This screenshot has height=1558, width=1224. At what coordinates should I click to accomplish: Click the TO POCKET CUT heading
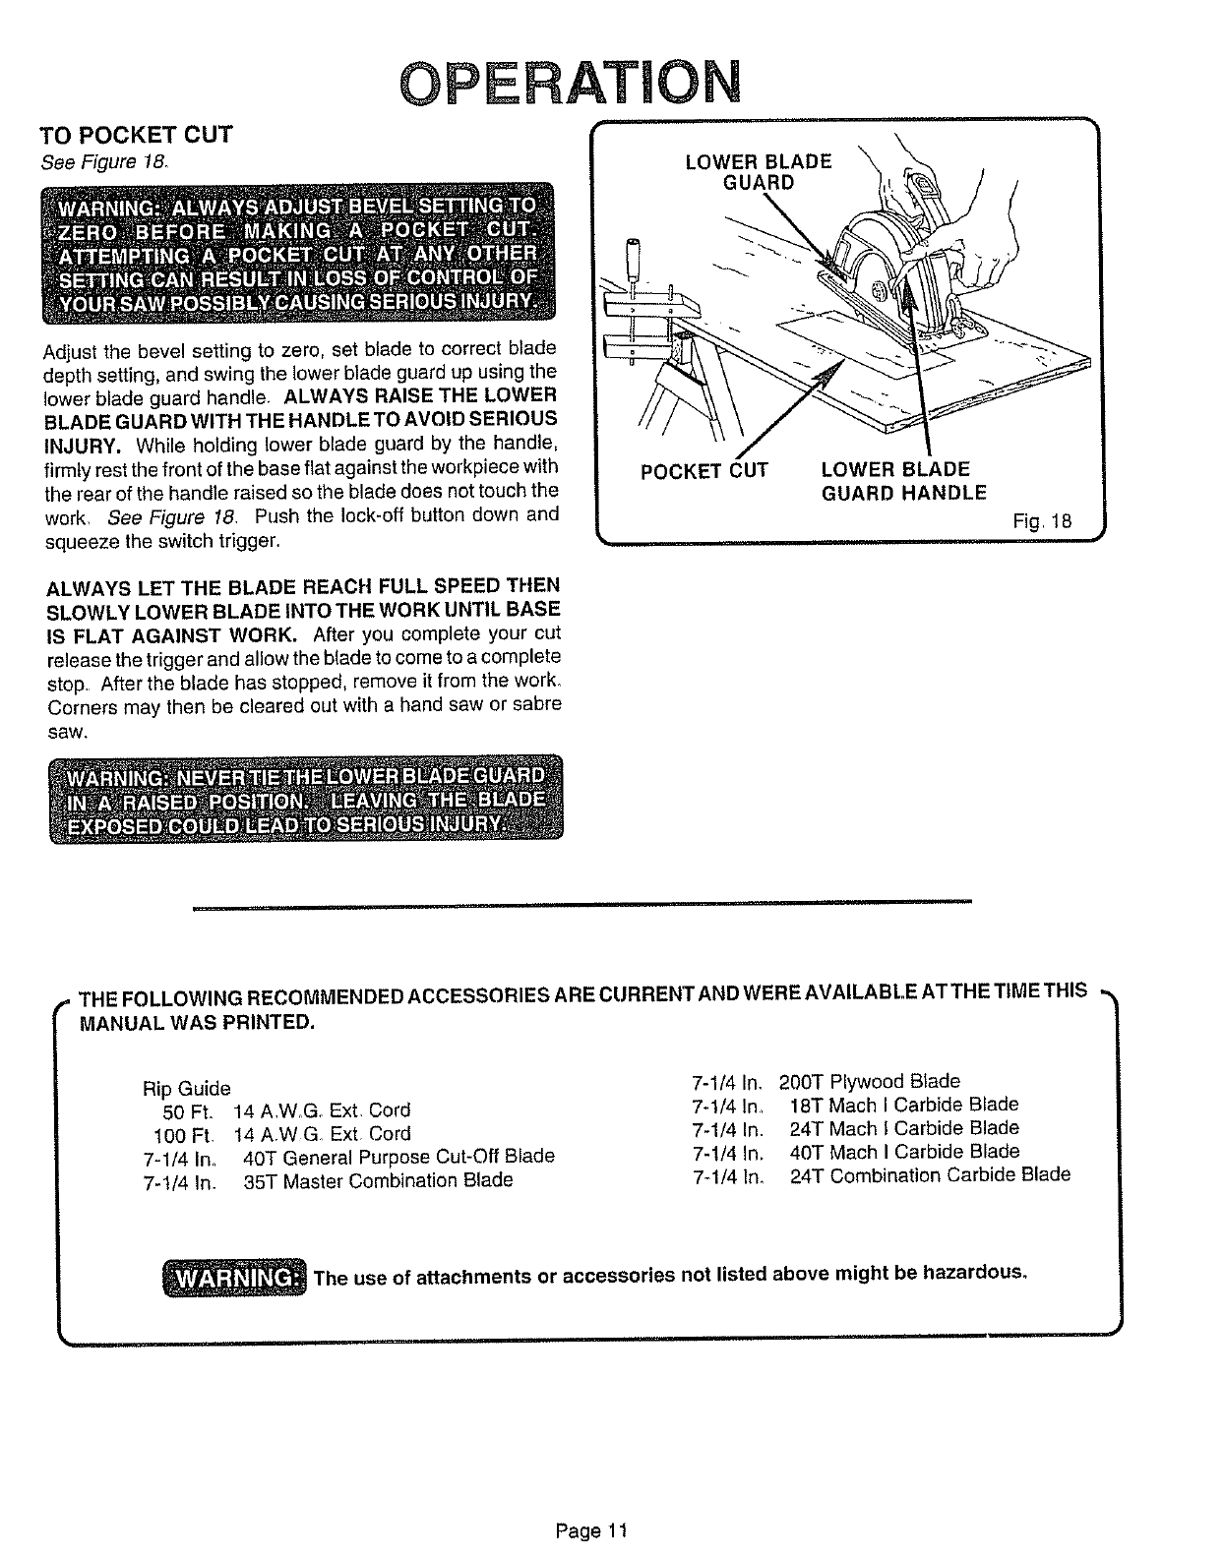coord(136,135)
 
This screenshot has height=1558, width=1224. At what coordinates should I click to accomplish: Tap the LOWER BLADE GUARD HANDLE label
coord(903,481)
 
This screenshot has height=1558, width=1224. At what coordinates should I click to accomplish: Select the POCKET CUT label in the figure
coord(704,471)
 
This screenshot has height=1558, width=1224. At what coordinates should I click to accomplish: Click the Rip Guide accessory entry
coord(186,1089)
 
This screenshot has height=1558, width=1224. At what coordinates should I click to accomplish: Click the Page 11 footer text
coord(590,1531)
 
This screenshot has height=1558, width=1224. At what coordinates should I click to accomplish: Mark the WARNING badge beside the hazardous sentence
coord(234,1277)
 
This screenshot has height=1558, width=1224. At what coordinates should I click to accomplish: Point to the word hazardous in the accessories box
coord(974,1274)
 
